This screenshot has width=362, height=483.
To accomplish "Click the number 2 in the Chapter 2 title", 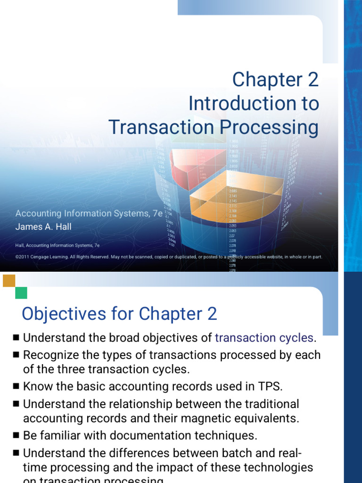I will (313, 80).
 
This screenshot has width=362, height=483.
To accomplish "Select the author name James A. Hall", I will (43, 226).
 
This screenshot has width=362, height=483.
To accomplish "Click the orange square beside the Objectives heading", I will (9, 281).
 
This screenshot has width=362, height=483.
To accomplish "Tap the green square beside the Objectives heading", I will (21, 293).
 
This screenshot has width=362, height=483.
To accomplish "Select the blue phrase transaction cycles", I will (264, 338).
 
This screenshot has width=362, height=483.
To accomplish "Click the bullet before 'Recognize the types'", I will (16, 354).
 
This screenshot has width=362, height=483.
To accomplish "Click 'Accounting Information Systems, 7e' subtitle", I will (89, 213).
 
